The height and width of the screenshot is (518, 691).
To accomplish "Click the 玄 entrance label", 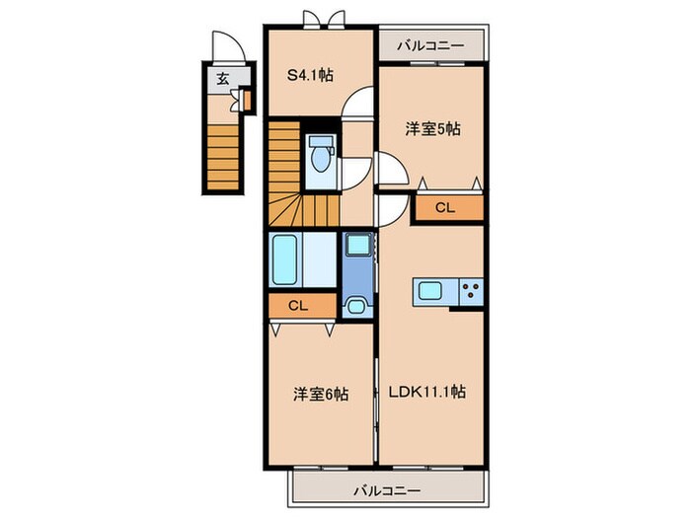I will (222, 80).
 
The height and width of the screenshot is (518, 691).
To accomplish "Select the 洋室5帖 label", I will (432, 129).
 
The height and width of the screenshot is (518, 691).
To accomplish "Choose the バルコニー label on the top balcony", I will (430, 44).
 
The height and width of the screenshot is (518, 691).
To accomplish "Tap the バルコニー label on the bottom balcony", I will (388, 489).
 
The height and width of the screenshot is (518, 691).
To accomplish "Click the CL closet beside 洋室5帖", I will (447, 207).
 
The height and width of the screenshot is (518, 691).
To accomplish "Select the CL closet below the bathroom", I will (299, 305).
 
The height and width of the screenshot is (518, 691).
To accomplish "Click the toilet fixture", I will (319, 158).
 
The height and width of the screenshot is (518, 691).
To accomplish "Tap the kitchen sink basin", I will (430, 290).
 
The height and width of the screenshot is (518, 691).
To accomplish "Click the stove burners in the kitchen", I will (471, 290).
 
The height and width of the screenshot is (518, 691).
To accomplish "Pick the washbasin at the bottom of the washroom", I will (357, 303).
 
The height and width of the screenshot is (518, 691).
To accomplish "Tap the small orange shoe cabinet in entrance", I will (247, 100).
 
